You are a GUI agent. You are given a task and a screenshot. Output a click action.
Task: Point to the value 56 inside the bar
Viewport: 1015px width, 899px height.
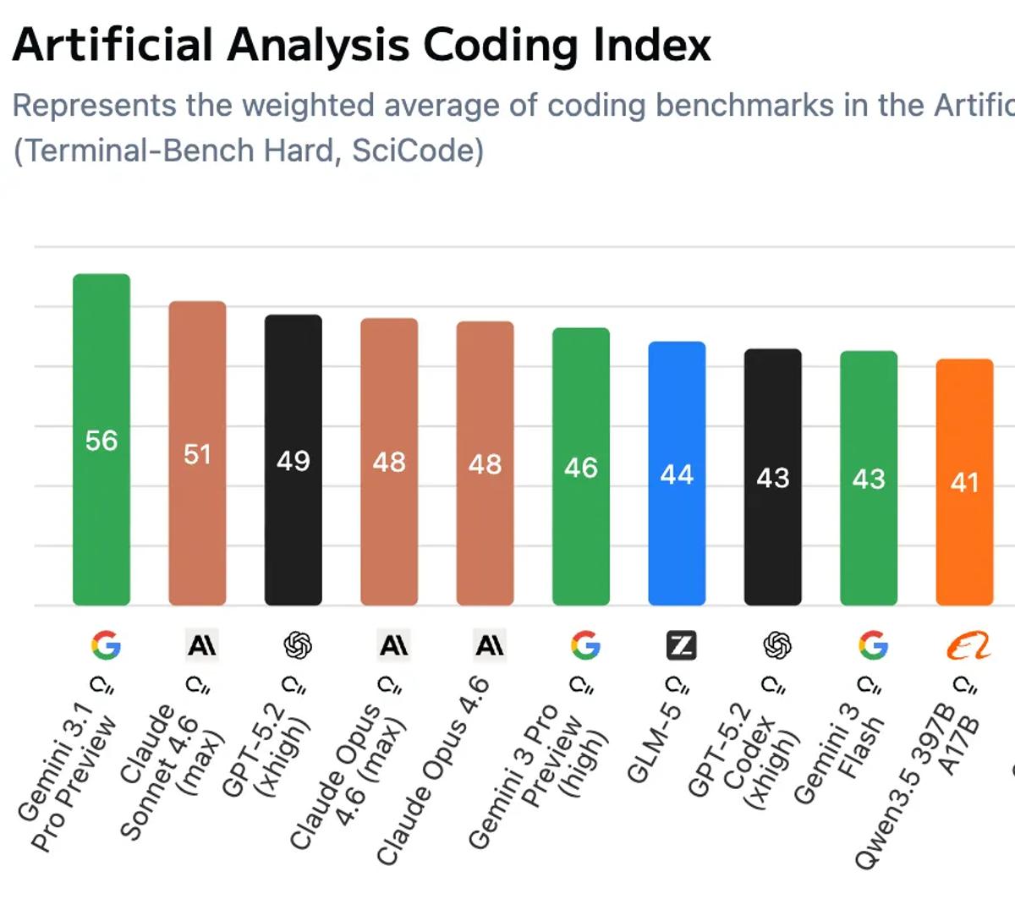[101, 441]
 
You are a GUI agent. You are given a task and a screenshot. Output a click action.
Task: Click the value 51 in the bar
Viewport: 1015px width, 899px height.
[197, 454]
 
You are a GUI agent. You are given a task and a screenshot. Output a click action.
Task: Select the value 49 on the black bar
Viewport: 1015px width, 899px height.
[294, 461]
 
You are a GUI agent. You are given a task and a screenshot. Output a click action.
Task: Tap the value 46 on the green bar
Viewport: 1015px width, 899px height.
[581, 468]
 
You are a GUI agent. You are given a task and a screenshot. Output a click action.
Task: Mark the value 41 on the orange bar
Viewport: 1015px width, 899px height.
[964, 482]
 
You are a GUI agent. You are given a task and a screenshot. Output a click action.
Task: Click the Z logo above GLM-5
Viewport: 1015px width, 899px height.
[681, 646]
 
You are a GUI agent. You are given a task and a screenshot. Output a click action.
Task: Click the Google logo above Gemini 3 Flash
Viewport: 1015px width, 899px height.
[873, 646]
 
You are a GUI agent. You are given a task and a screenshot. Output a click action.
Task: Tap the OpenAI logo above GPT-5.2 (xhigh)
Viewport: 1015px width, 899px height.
[298, 646]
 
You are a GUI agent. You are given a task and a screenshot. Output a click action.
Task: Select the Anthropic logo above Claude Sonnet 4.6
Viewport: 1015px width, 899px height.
[202, 646]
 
